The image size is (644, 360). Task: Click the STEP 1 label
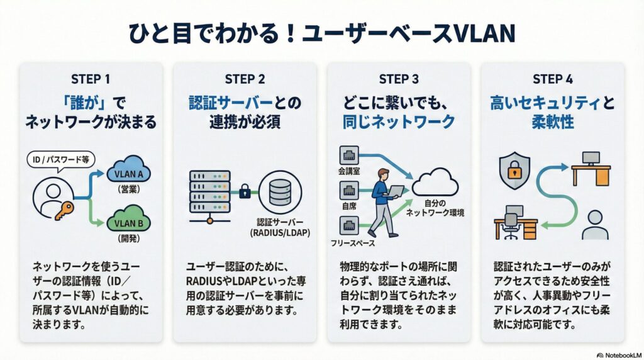[x=91, y=79]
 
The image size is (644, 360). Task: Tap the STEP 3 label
[x=398, y=79]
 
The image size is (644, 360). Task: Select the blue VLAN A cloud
[x=130, y=171]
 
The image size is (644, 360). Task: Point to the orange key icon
[x=65, y=213]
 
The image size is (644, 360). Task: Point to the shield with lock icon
[x=514, y=170]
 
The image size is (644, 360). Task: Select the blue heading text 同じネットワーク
[x=398, y=121]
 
